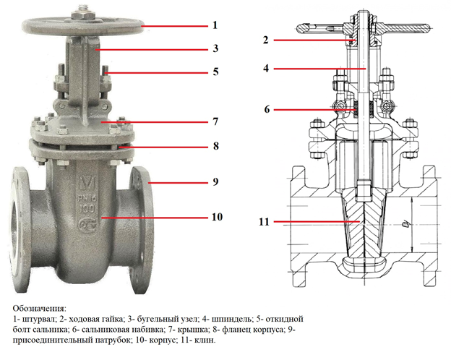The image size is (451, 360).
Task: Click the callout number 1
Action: [215, 25]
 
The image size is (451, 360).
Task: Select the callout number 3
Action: [215, 49]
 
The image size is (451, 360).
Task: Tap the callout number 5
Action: [215, 72]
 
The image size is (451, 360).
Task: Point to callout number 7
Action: [215, 121]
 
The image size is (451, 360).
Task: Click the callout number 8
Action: [215, 146]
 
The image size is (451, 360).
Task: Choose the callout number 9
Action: [215, 182]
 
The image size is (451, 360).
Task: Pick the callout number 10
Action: [217, 216]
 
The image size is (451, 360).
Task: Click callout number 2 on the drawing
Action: [266, 39]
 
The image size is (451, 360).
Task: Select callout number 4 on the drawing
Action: [266, 69]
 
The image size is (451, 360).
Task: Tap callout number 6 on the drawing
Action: [266, 110]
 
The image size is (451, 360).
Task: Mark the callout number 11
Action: [265, 223]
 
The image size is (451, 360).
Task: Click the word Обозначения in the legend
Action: [39, 309]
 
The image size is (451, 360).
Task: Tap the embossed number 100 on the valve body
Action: [86, 206]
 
